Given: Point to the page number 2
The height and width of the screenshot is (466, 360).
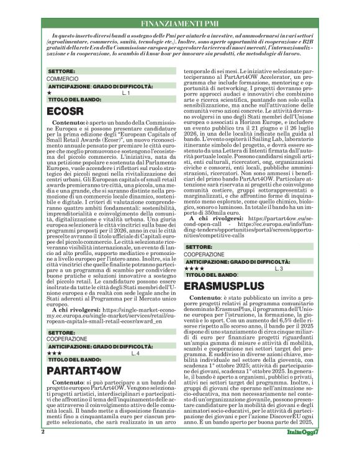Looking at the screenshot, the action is tap(42, 449).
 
